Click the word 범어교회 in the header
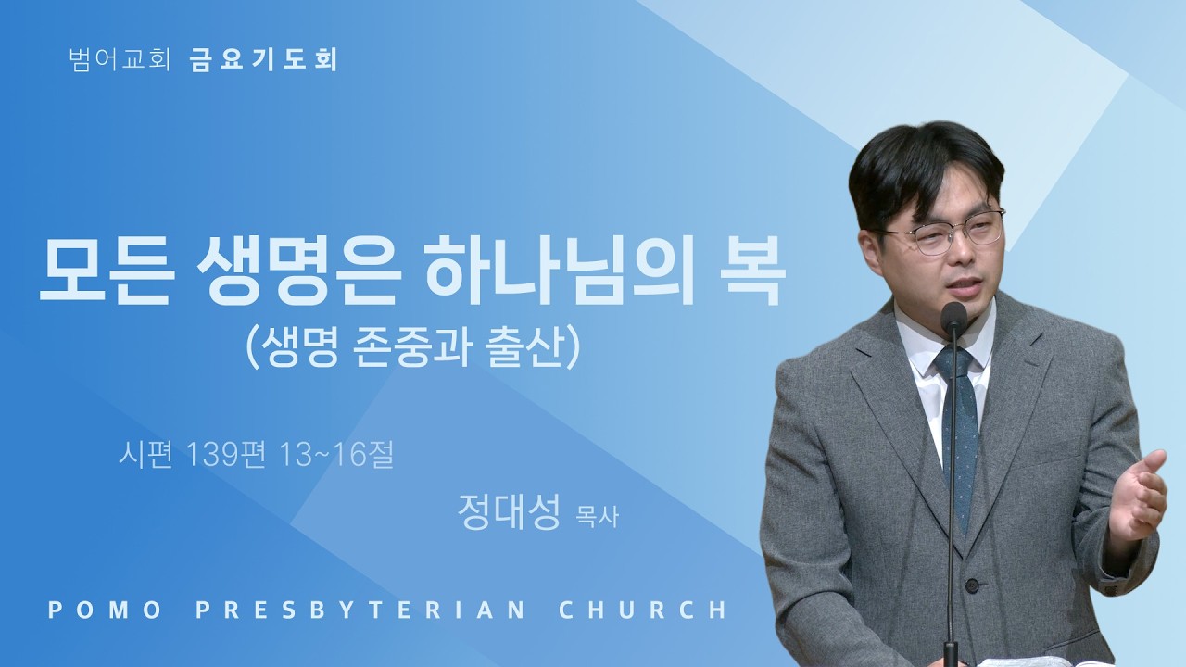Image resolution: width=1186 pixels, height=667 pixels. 120,60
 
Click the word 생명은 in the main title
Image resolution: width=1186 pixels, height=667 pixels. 297,271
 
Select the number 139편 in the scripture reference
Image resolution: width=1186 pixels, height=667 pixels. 226,455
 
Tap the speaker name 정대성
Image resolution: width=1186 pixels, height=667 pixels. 509,512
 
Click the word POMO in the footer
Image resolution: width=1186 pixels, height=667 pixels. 105,610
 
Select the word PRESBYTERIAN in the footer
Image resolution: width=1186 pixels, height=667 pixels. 361,610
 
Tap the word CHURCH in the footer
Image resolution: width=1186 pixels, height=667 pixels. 643,610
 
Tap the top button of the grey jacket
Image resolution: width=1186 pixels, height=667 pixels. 972,585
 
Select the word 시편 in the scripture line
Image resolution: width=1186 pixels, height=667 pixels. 145,455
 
